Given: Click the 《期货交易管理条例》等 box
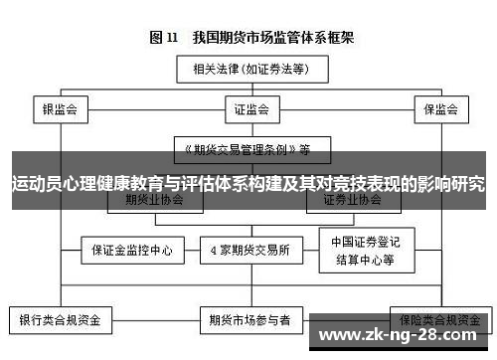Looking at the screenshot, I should [248, 150].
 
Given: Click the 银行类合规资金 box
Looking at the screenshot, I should [61, 321].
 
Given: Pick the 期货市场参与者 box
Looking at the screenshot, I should [248, 321].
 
